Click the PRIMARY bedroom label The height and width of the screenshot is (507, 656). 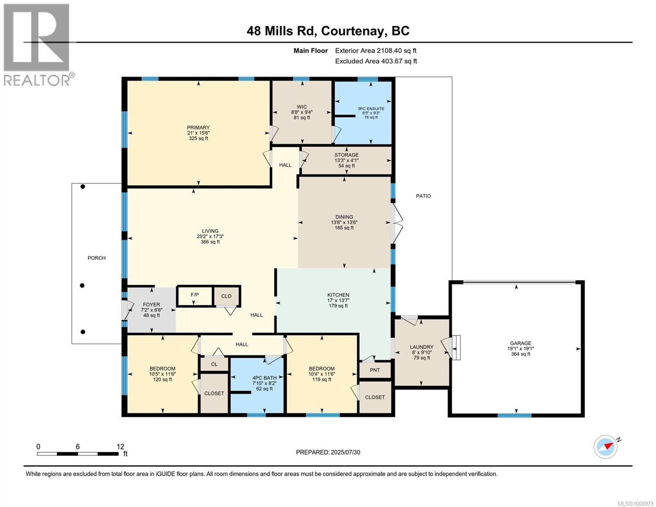pyautogui.click(x=198, y=128)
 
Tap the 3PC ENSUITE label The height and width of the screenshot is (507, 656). pyautogui.click(x=371, y=109)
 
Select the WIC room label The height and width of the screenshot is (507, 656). pyautogui.click(x=302, y=107)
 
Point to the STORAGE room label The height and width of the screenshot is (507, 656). pyautogui.click(x=346, y=155)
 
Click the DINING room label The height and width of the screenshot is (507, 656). pyautogui.click(x=344, y=217)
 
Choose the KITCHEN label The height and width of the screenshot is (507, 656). pyautogui.click(x=338, y=295)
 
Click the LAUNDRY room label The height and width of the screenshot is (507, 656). pyautogui.click(x=422, y=347)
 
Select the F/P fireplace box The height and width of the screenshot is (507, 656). pyautogui.click(x=195, y=296)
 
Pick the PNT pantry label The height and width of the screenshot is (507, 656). pyautogui.click(x=375, y=370)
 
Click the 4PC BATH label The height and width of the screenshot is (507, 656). pyautogui.click(x=264, y=378)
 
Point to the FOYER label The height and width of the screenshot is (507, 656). pyautogui.click(x=151, y=305)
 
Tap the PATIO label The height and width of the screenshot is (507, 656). pyautogui.click(x=423, y=196)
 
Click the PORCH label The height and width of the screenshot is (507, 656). pyautogui.click(x=97, y=258)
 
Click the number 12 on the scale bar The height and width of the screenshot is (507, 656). pyautogui.click(x=120, y=447)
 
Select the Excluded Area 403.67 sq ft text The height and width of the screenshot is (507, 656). pyautogui.click(x=376, y=61)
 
